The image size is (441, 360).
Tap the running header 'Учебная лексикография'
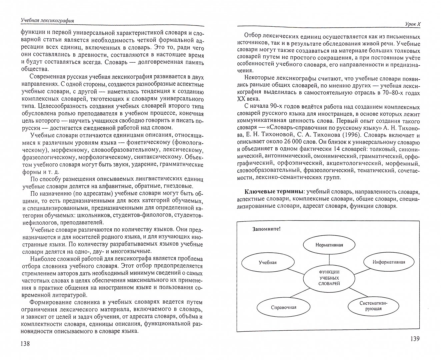[47, 21]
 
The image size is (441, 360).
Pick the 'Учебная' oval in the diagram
[268, 262]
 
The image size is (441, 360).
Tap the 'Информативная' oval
[389, 262]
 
